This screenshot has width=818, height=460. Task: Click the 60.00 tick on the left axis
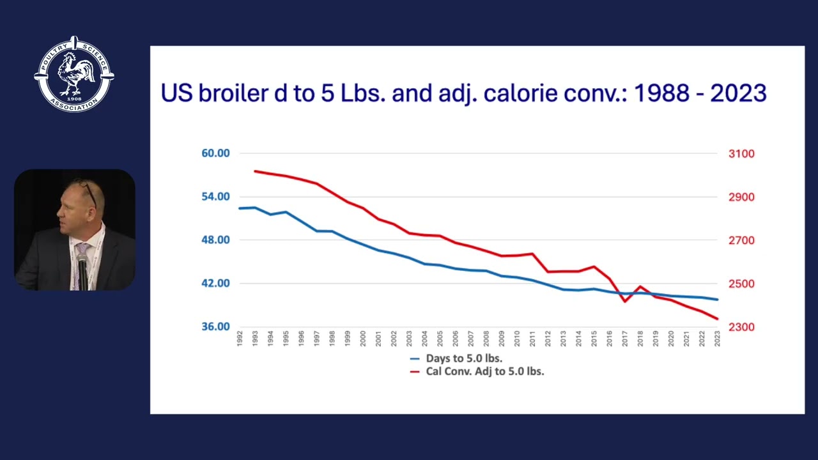tap(215, 153)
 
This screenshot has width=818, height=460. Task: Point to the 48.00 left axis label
tap(215, 240)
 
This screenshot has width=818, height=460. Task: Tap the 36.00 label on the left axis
tap(215, 326)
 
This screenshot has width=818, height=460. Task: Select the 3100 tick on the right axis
tap(741, 154)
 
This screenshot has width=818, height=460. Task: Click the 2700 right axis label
tap(741, 240)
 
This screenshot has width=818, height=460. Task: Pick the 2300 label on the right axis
tap(741, 326)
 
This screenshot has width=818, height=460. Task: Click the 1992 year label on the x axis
tap(240, 339)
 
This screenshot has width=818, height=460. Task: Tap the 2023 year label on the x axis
tap(717, 339)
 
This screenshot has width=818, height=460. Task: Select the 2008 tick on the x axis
tap(486, 339)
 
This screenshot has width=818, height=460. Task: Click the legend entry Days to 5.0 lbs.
tap(456, 358)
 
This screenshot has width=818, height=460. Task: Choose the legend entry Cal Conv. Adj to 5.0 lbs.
tap(477, 372)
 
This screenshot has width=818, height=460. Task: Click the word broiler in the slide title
tap(233, 93)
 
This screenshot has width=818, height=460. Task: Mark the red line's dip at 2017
tap(625, 302)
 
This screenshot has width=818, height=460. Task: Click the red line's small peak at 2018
tap(640, 287)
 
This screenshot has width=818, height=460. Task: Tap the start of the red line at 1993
tap(255, 171)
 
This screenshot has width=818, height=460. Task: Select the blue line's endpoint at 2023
tap(717, 300)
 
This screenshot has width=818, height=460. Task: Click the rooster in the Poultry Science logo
tap(75, 73)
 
